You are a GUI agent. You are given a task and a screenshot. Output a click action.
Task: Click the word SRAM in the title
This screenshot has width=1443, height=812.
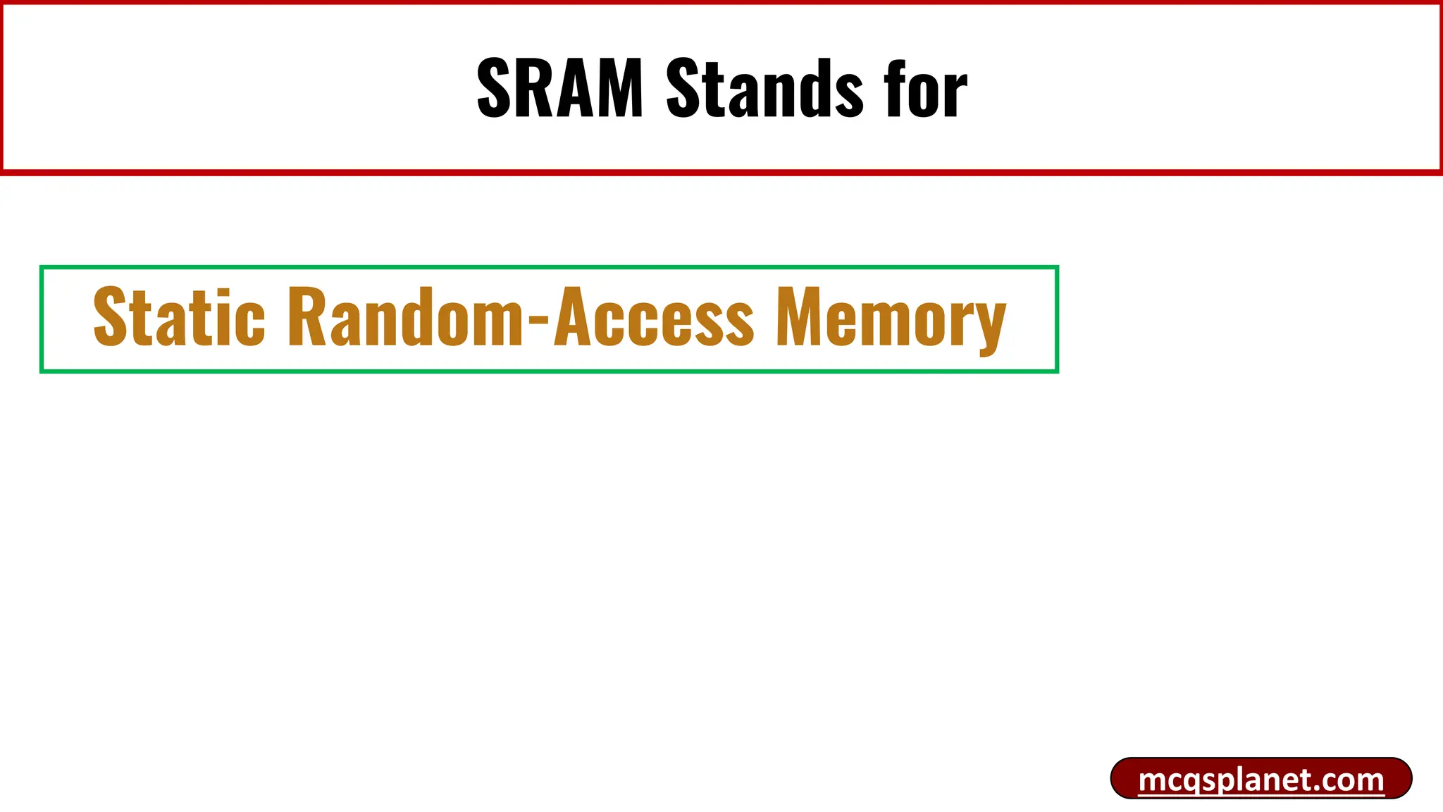pos(560,89)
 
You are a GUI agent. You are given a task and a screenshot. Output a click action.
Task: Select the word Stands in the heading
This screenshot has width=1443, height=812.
pos(764,89)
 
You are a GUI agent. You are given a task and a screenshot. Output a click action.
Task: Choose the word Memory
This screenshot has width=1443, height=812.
pos(891,319)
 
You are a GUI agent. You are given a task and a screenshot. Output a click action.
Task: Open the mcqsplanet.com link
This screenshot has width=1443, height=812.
pos(1261,780)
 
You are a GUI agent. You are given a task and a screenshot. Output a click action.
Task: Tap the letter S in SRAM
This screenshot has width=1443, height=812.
pos(493,89)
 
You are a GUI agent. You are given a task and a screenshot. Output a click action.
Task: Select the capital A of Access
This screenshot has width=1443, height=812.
pos(573,317)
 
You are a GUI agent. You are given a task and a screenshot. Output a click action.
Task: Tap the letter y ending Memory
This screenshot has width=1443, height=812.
pos(990,326)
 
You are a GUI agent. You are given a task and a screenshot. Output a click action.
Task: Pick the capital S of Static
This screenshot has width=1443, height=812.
pos(111,317)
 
